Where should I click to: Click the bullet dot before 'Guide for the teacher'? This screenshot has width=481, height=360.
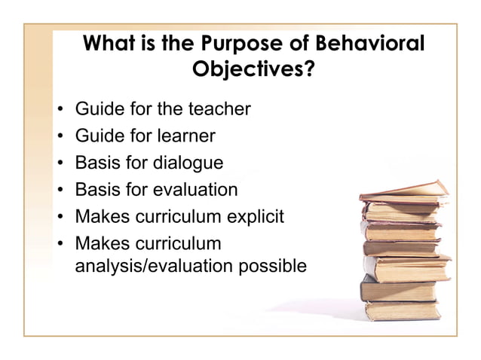[x=60, y=110]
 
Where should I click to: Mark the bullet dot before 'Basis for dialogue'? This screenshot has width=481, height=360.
[x=60, y=163]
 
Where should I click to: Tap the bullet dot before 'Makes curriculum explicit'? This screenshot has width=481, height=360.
[x=60, y=218]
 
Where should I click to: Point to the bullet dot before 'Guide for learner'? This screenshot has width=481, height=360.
[x=60, y=137]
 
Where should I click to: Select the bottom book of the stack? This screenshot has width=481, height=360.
[x=402, y=309]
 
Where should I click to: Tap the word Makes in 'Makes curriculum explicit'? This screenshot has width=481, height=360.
[x=101, y=217]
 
